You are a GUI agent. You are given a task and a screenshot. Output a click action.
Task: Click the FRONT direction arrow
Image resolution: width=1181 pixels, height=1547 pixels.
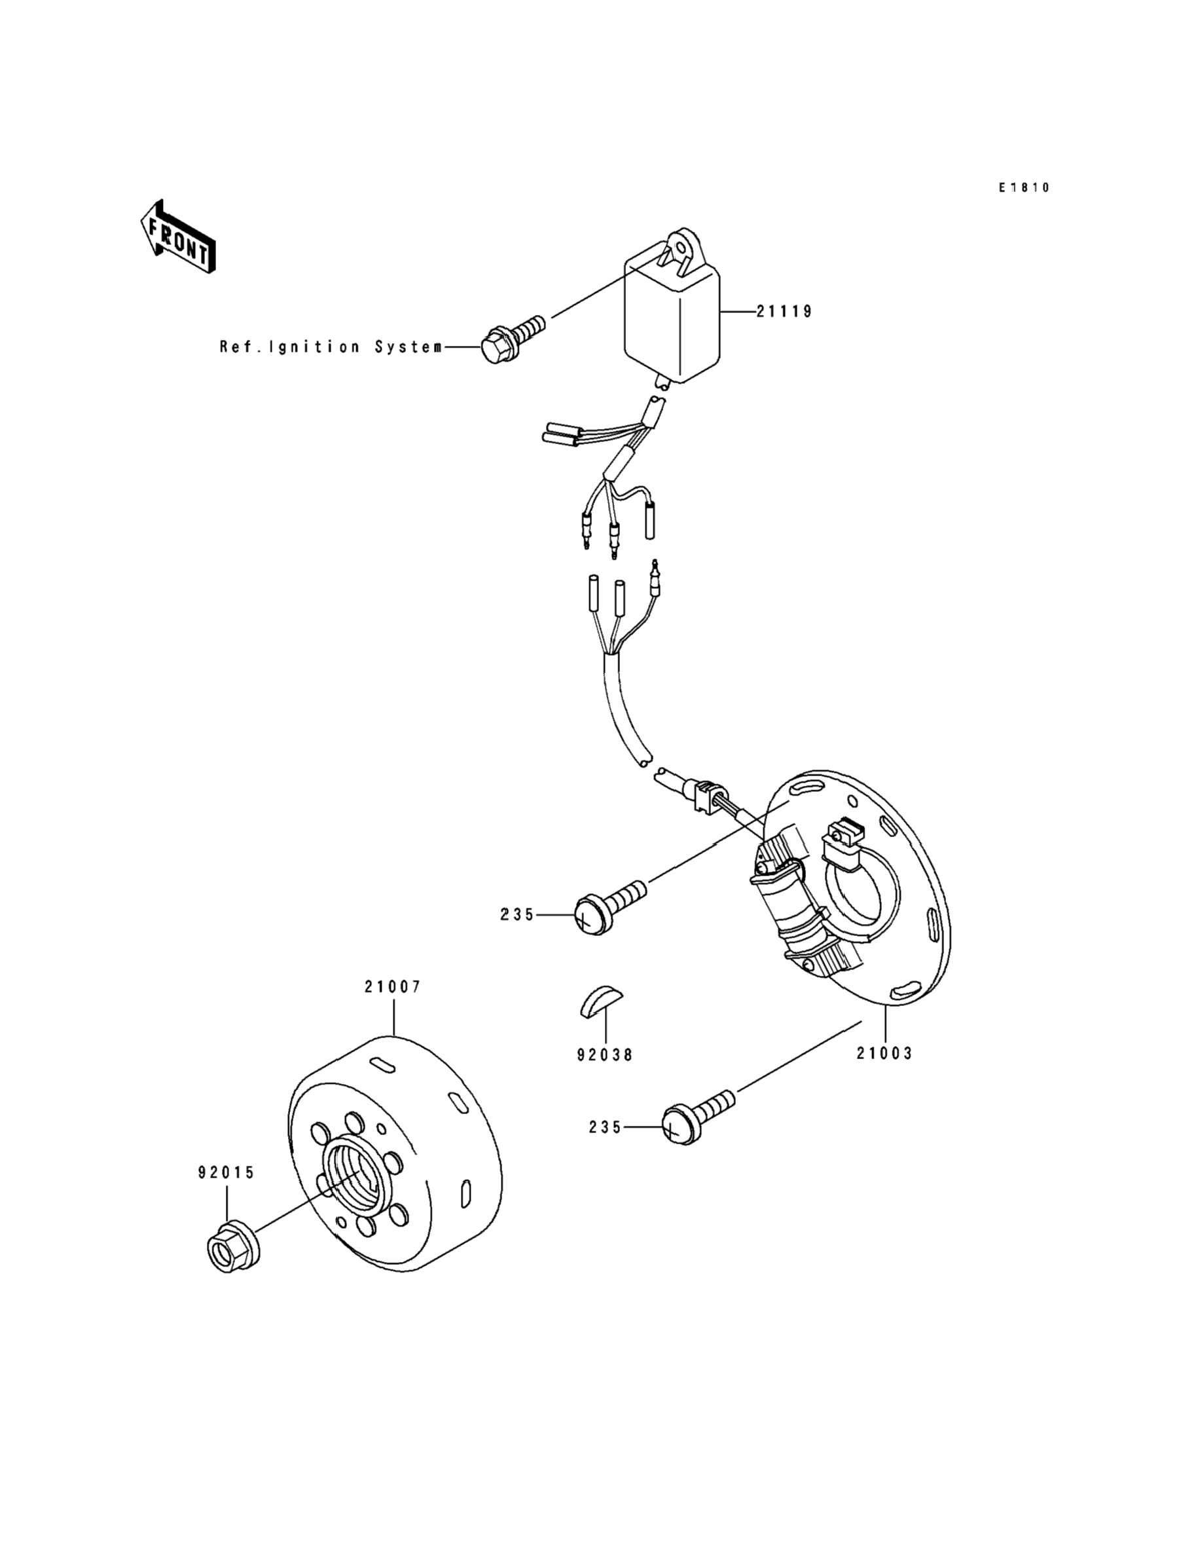[x=177, y=238]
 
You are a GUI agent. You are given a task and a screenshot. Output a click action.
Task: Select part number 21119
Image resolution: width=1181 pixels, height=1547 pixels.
[x=784, y=311]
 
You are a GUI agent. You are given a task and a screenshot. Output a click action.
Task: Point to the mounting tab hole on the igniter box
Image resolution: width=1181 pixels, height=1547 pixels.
[x=680, y=248]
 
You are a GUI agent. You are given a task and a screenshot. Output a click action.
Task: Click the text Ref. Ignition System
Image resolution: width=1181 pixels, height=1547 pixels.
[x=331, y=346]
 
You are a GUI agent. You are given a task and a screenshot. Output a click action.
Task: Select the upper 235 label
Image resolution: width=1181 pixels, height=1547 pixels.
[x=517, y=915]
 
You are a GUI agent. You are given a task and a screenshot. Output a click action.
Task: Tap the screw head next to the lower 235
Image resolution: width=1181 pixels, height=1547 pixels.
[x=677, y=1128]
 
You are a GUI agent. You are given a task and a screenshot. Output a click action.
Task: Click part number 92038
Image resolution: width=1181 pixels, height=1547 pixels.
[x=604, y=1054]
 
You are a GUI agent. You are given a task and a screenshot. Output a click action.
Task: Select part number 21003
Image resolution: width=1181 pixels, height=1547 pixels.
[x=884, y=1053]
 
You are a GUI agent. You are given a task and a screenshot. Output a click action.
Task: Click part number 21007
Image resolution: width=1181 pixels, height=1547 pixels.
[x=393, y=986]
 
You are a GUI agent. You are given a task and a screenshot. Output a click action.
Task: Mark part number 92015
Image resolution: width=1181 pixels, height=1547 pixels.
[x=227, y=1172]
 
